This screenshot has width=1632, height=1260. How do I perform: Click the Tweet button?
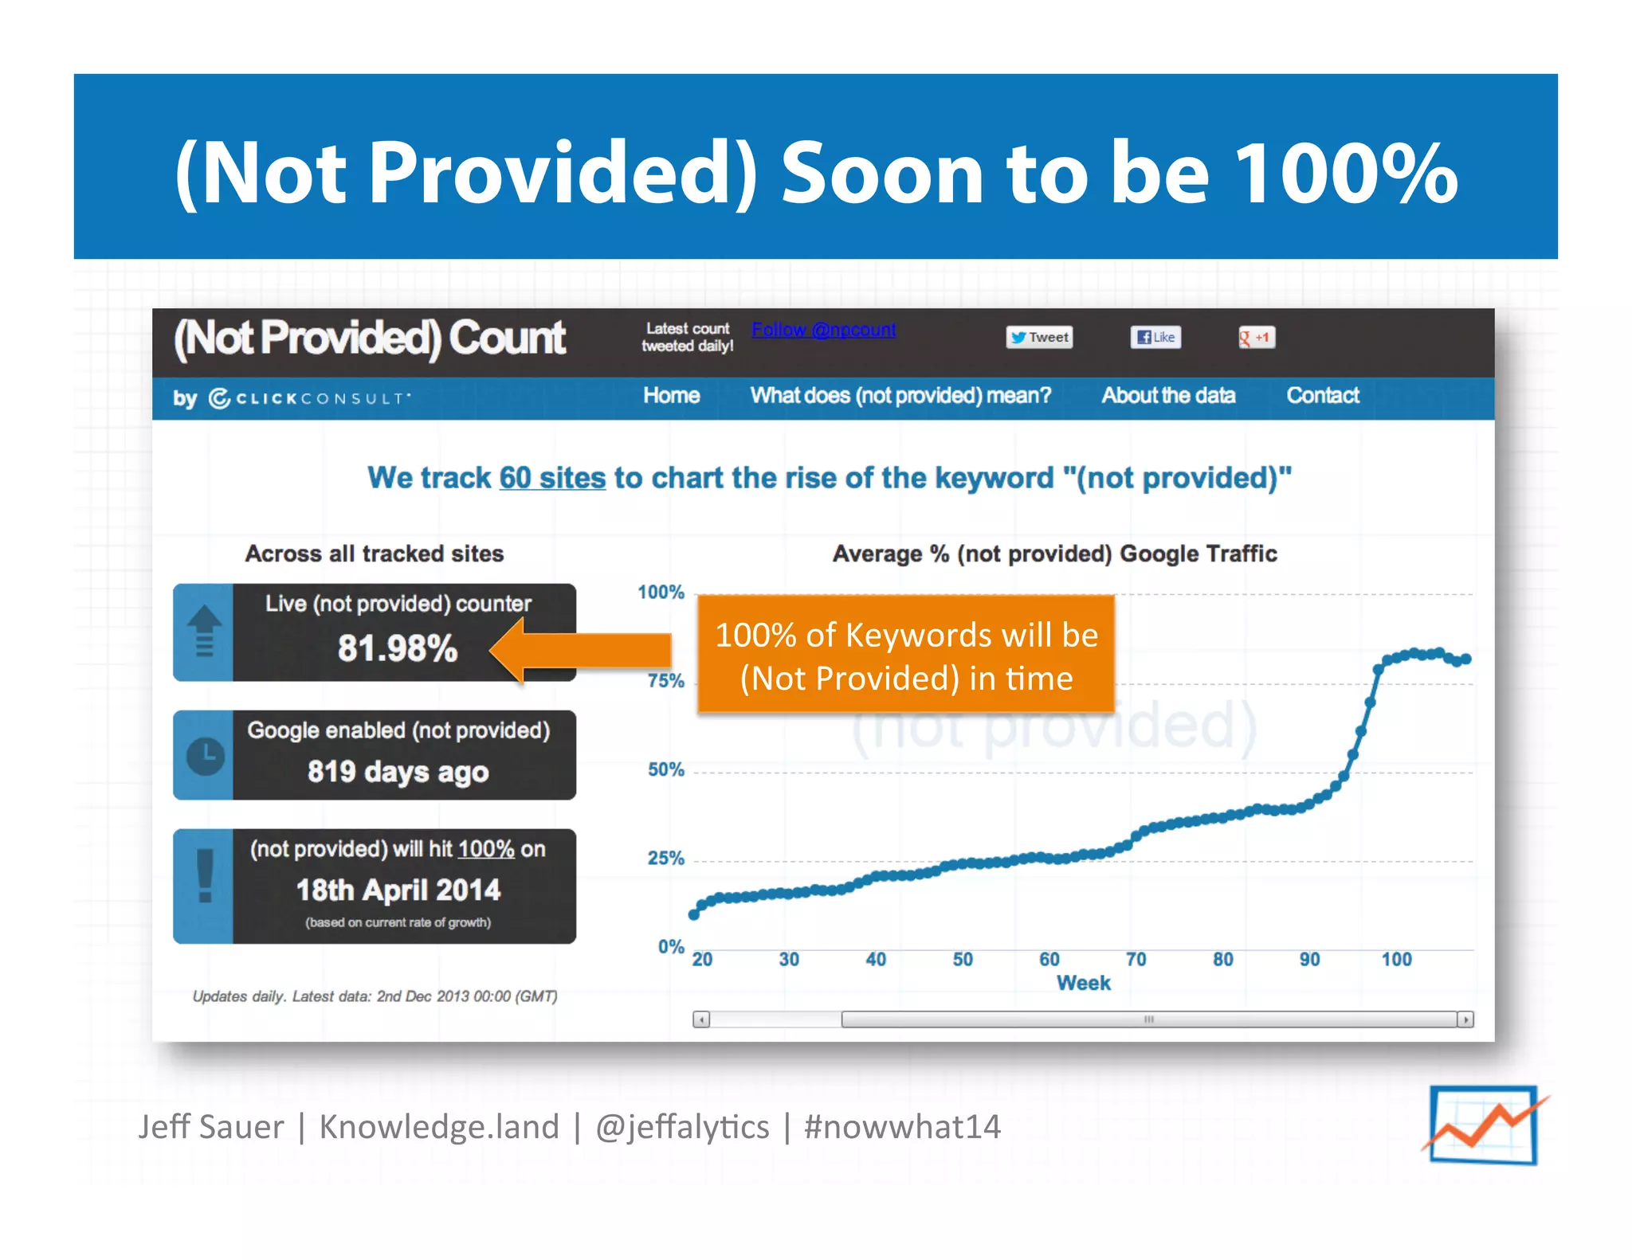[1039, 338]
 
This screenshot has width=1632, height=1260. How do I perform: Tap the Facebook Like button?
[1155, 338]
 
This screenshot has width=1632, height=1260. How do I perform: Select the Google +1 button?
[1256, 338]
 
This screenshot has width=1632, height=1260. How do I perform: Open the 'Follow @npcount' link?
[823, 330]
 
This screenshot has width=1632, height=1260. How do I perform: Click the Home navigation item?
[671, 396]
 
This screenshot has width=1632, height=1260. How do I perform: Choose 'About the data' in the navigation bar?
[1168, 396]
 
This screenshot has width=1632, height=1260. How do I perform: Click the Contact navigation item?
[1323, 396]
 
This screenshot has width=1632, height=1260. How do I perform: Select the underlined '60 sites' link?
[552, 478]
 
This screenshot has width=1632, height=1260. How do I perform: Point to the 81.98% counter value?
[398, 648]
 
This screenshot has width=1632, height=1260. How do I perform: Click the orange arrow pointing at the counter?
[581, 650]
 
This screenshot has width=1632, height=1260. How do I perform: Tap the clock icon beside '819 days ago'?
[205, 756]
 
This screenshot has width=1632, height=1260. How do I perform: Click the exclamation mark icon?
[205, 875]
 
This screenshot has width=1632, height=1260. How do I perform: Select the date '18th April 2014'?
[398, 890]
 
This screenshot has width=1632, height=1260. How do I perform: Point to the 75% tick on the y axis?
[666, 681]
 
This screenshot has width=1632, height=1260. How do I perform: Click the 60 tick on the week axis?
[1049, 960]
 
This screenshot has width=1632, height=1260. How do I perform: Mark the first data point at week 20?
[694, 915]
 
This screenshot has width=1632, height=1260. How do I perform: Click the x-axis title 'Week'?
[1083, 984]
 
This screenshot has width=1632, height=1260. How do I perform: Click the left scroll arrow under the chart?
[701, 1019]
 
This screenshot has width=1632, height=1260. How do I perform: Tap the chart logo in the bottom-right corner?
[1483, 1125]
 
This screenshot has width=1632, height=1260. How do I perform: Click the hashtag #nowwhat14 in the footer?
[902, 1127]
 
